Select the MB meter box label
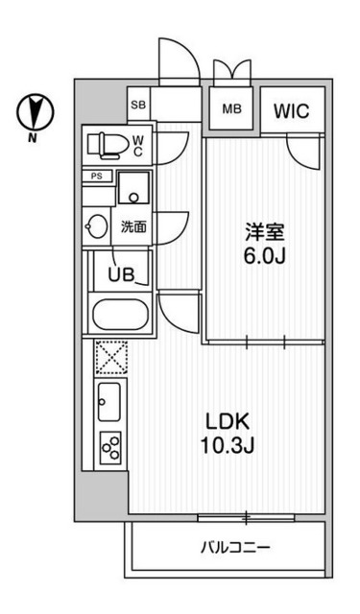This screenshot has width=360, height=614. (x=232, y=109)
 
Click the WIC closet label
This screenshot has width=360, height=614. (x=291, y=110)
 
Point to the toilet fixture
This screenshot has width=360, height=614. (x=105, y=145)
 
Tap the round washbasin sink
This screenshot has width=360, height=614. (x=97, y=228)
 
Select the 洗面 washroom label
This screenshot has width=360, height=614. (x=132, y=227)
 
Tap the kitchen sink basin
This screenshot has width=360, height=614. (x=108, y=401)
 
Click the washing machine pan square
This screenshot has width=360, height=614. (x=133, y=189)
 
